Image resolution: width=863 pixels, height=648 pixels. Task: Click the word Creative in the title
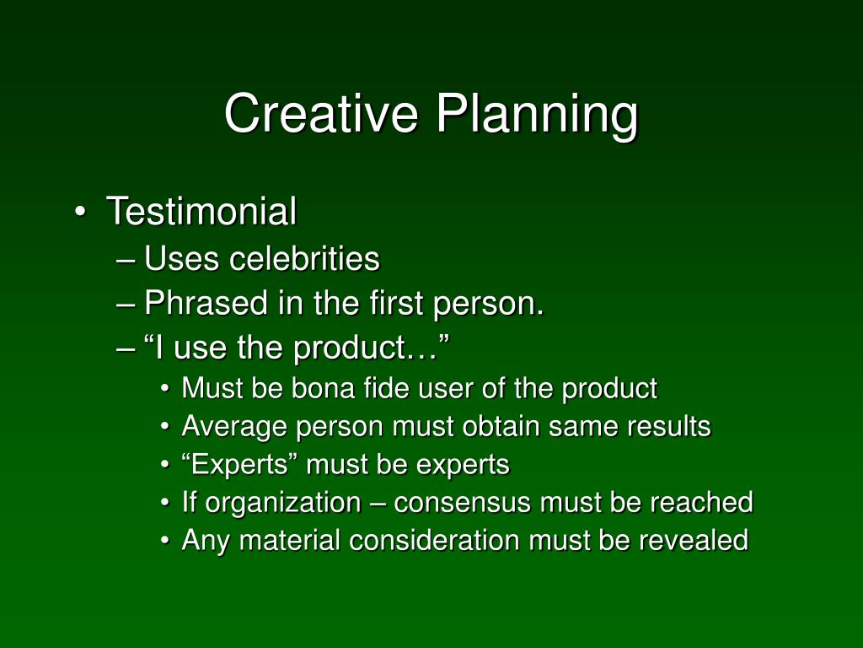coord(321,113)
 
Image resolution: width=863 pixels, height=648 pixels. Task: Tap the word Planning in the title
coord(537,116)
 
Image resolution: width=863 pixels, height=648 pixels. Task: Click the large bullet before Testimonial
coord(80,212)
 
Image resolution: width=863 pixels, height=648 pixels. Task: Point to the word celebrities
coord(304,258)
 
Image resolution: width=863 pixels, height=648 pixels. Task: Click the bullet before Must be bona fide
coord(165,389)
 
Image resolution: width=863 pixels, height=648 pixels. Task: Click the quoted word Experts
coord(235,464)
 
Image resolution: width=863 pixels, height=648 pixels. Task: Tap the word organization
coord(283,503)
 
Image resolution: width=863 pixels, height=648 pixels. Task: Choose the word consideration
coord(434,540)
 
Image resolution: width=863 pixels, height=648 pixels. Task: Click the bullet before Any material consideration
coord(165,541)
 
